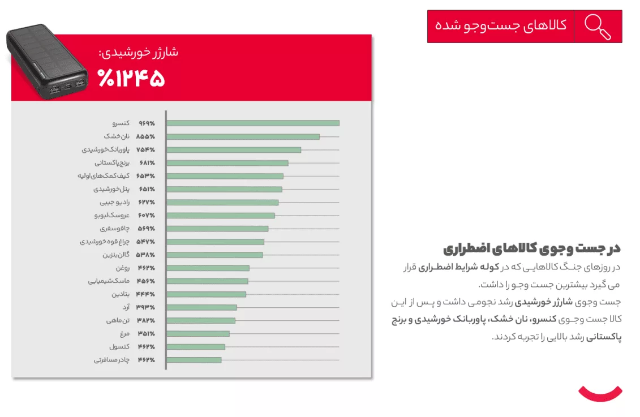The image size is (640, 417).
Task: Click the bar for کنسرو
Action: tap(253, 123)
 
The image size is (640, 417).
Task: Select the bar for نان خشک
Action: tap(243, 136)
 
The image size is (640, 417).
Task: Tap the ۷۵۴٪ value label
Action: tap(145, 150)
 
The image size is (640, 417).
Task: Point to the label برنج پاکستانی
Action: tap(114, 163)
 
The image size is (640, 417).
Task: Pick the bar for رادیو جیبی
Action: tap(222, 203)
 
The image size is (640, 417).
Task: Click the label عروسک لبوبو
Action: tap(112, 216)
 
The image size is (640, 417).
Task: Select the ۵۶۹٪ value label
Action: tap(145, 229)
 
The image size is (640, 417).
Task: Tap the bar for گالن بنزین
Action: tap(214, 255)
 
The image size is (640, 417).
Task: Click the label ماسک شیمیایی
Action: tap(109, 281)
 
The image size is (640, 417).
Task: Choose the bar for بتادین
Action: tap(207, 294)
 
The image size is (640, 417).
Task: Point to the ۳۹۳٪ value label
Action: tap(145, 307)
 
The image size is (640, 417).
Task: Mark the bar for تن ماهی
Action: tap(201, 321)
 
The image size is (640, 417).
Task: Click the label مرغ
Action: tap(125, 334)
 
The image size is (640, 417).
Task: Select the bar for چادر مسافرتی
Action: tap(194, 360)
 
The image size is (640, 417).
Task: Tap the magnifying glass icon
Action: tap(598, 27)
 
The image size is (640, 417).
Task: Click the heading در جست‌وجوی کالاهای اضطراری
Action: tap(532, 248)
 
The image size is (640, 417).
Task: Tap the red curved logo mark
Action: tap(600, 392)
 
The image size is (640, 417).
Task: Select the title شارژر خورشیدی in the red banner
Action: tap(139, 53)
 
